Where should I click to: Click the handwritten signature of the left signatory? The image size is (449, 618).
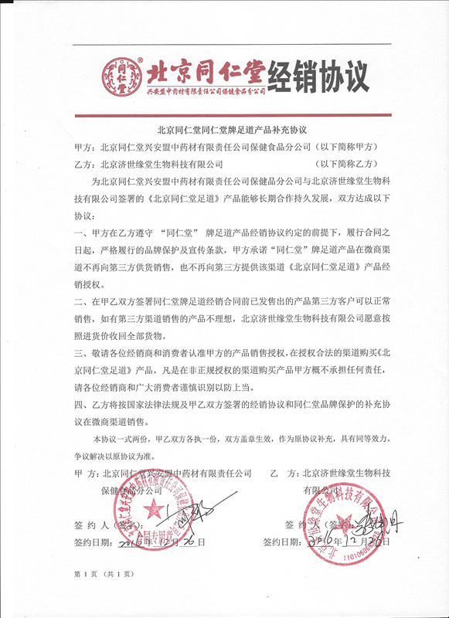click(186, 513)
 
